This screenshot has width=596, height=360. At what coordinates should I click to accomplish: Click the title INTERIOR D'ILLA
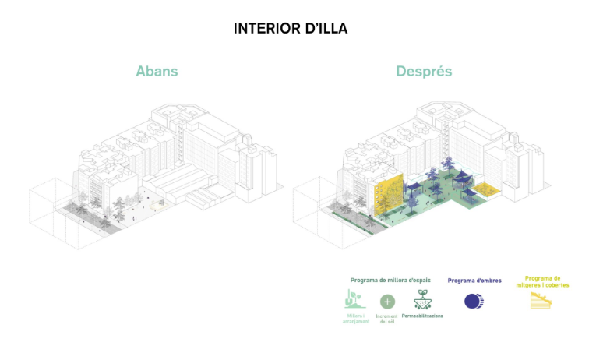pos(290,29)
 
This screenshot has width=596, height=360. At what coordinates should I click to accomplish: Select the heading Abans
pos(157,72)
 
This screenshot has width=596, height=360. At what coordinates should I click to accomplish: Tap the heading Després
pos(423,72)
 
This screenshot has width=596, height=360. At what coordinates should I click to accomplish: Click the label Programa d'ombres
pos(474,281)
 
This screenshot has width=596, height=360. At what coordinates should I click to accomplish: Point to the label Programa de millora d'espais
pos(390,281)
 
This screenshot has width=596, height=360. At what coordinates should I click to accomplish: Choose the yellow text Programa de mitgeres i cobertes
pos(543,281)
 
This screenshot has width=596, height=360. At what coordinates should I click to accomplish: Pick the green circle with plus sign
pos(387,302)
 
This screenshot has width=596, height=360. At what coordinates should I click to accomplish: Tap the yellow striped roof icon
pos(542,300)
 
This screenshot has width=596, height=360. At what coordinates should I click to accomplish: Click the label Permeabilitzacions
pos(423,316)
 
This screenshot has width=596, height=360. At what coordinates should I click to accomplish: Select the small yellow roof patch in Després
pos(487,189)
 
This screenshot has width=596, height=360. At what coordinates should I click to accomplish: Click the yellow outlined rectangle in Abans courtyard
pos(158,206)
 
